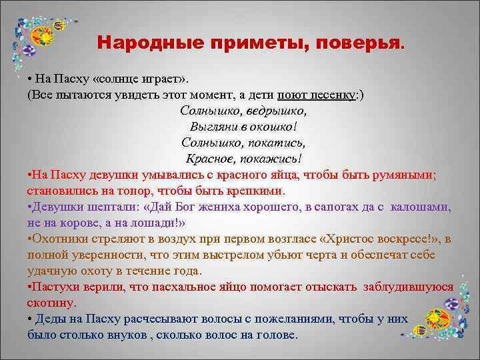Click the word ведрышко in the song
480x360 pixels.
274,110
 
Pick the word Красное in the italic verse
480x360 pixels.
209,159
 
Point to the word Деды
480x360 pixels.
50,319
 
